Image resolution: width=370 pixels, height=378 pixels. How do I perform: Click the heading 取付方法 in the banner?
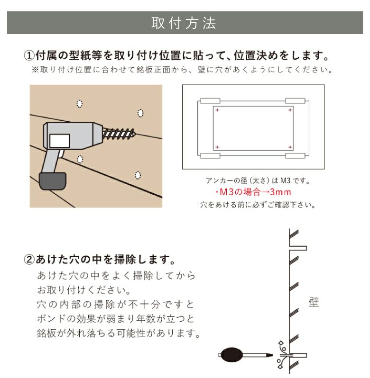pos(184,23)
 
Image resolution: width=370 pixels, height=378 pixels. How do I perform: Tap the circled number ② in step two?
pos(29,260)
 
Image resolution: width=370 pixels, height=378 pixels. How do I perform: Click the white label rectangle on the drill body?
pos(60,140)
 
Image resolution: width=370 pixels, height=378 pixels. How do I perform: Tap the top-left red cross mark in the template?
pos(217,110)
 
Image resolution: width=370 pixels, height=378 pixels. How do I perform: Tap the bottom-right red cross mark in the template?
pos(289,146)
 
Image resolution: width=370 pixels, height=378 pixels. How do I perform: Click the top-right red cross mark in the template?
pos(289,110)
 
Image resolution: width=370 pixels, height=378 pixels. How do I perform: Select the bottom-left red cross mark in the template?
pos(217,146)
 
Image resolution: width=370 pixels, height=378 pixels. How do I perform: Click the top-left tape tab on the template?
pos(210,101)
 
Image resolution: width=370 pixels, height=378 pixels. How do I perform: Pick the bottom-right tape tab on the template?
pos(296,155)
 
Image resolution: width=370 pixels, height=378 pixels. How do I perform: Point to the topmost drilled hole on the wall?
pos(80,103)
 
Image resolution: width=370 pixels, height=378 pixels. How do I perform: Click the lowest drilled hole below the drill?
pos(138,176)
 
